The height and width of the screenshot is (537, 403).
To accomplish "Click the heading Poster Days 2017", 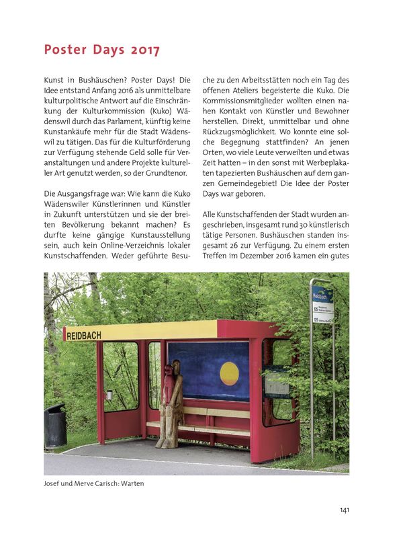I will [x=101, y=50].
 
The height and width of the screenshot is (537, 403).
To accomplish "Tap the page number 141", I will [x=344, y=510].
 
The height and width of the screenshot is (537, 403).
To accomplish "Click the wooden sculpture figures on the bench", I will [x=169, y=403].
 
